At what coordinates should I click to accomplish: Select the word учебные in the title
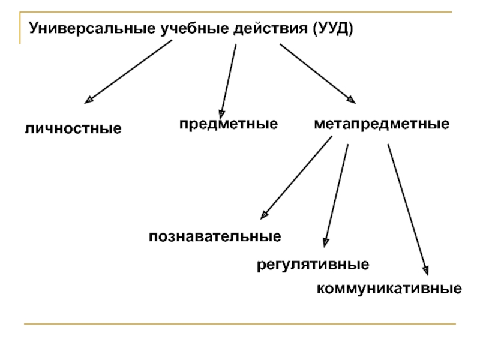pyautogui.click(x=182, y=28)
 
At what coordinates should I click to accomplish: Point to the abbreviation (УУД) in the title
pyautogui.click(x=333, y=28)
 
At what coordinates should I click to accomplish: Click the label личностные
pyautogui.click(x=73, y=128)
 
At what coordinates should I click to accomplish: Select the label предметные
pyautogui.click(x=228, y=125)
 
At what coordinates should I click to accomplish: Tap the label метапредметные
pyautogui.click(x=382, y=125)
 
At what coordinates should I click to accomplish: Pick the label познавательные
pyautogui.click(x=215, y=236)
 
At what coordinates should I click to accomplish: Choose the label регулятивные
pyautogui.click(x=313, y=264)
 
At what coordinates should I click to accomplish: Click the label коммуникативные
pyautogui.click(x=389, y=289)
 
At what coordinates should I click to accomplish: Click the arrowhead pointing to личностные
pyautogui.click(x=89, y=100)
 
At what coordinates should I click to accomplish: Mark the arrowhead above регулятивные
pyautogui.click(x=325, y=242)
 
